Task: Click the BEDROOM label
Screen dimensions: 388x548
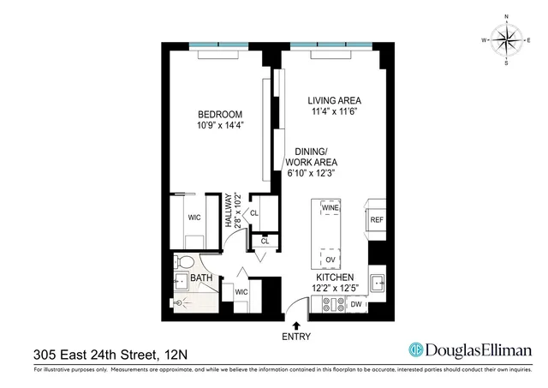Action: click(x=221, y=115)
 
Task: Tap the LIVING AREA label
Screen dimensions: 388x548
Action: click(x=337, y=99)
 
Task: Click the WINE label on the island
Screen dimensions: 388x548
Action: click(x=330, y=207)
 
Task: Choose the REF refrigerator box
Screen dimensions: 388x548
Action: click(x=377, y=219)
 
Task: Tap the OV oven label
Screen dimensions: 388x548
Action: click(x=330, y=260)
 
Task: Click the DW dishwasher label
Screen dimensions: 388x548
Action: click(x=355, y=305)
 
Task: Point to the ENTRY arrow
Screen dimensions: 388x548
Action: click(x=296, y=325)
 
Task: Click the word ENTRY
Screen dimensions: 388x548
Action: click(x=296, y=337)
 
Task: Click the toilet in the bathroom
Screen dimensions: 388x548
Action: click(x=182, y=260)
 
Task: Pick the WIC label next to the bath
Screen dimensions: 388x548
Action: click(x=241, y=293)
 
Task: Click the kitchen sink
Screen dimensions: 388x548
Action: click(x=378, y=280)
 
